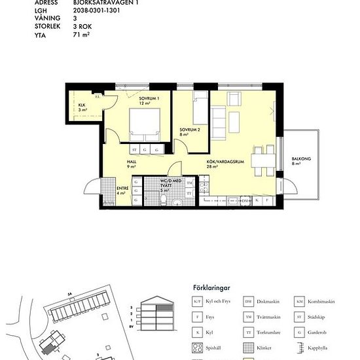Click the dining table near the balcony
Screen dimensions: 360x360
(263, 159)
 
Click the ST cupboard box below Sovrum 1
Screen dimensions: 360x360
(134, 150)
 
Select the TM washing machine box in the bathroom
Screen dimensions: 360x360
(189, 183)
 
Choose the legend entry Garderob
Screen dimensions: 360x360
(320, 332)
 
